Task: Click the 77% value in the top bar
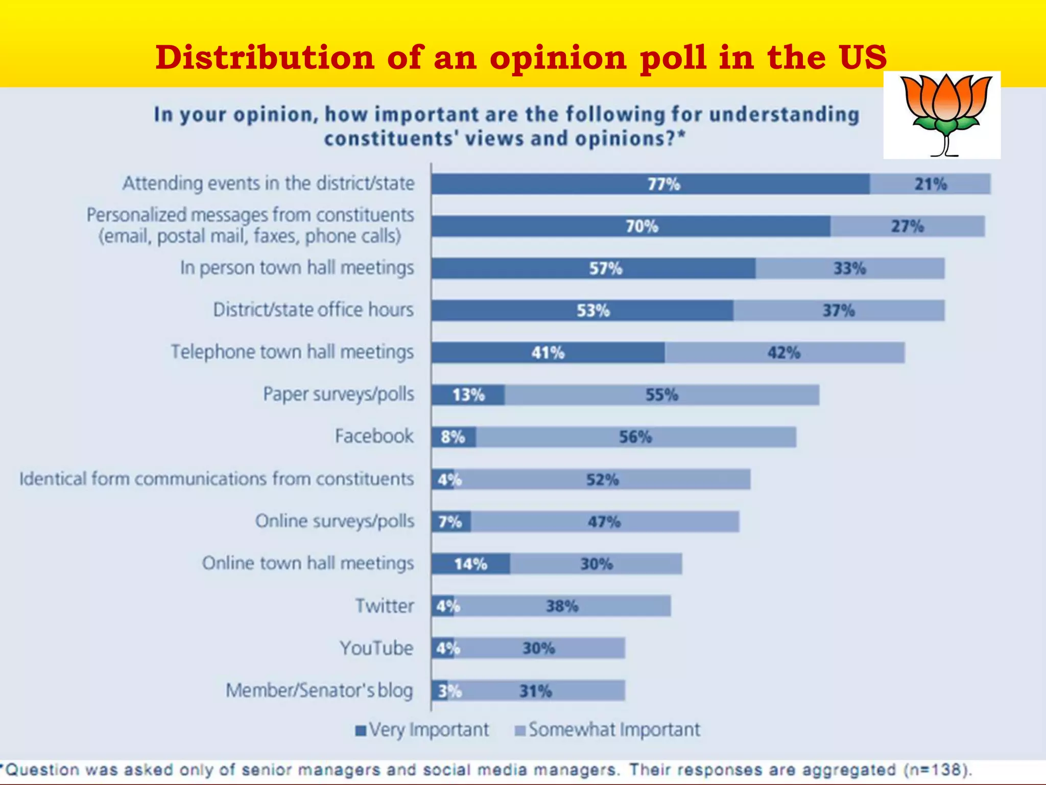(663, 184)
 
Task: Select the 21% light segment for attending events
(930, 184)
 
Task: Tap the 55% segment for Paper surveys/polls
(661, 395)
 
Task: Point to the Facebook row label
(374, 436)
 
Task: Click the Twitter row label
(385, 606)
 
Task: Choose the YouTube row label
(376, 648)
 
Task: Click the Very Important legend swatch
(361, 730)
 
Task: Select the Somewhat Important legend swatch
(520, 730)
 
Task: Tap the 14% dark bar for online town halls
(470, 564)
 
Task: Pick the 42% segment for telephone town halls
(784, 353)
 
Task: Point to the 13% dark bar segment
(468, 395)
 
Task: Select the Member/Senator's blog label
(319, 690)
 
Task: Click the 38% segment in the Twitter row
(562, 606)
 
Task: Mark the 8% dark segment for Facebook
(453, 437)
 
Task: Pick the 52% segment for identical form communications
(602, 479)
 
